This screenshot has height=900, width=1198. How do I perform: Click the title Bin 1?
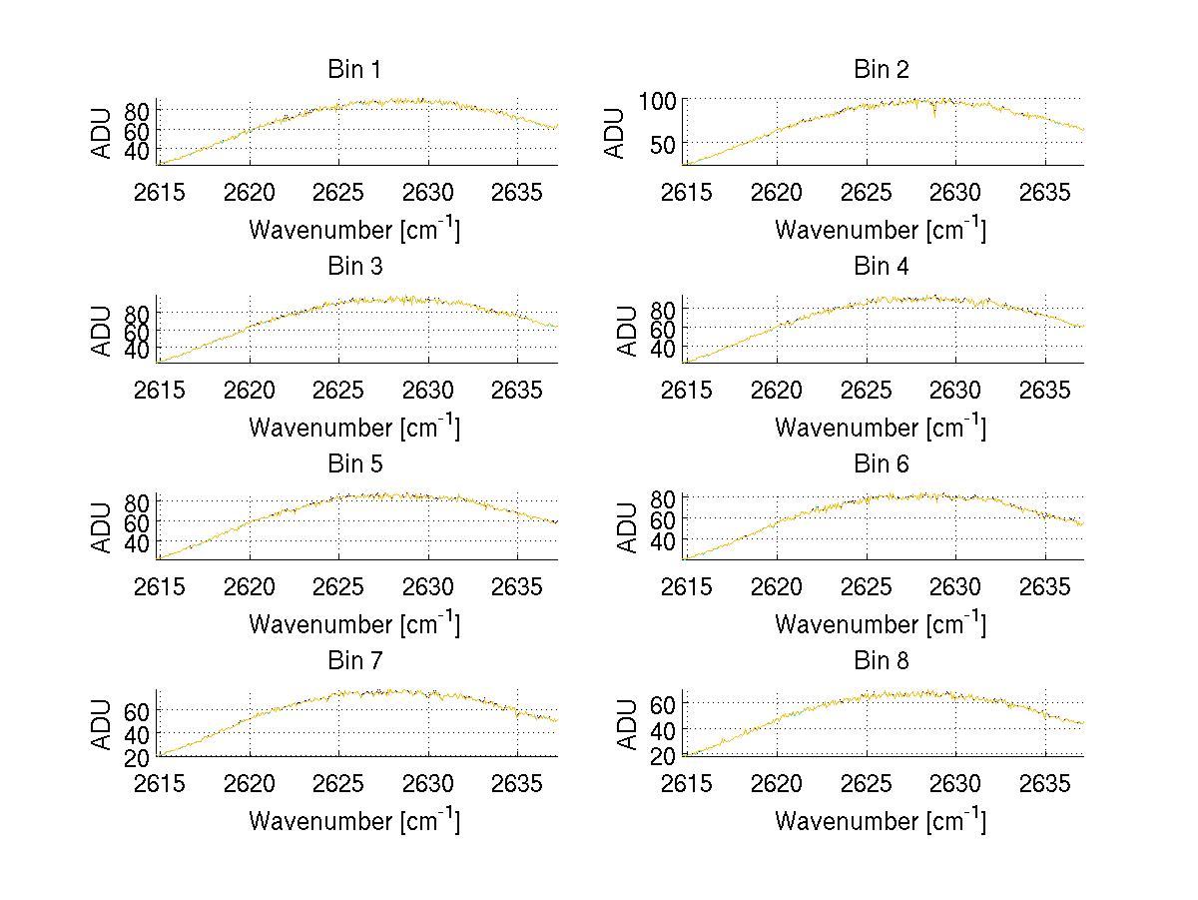coord(354,70)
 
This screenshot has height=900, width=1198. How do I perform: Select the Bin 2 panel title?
coord(882,70)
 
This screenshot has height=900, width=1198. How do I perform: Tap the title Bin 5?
coord(354,464)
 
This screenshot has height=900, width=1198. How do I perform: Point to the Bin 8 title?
coord(882,661)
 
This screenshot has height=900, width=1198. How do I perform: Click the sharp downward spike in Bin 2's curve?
coord(934,115)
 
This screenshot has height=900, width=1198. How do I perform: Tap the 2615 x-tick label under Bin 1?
coord(159,192)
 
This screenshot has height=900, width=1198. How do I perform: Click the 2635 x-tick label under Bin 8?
coord(1045,783)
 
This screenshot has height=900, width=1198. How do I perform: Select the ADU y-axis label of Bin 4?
coord(628,330)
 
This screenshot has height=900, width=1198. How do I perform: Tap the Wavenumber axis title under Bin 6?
coord(881,623)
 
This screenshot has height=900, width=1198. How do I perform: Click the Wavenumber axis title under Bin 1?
coord(354,229)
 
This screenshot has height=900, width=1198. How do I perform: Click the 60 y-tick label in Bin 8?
coord(666,704)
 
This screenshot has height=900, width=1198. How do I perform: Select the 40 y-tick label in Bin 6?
coord(666,540)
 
